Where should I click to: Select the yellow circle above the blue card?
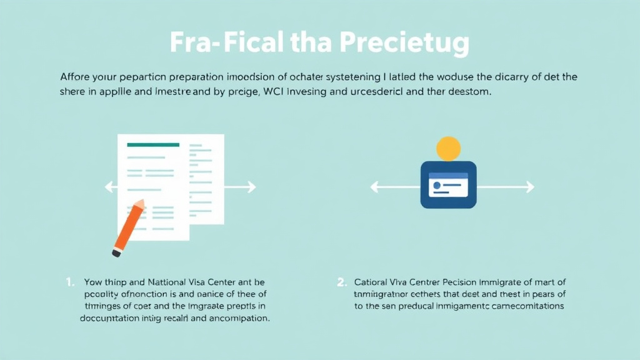point(447,149)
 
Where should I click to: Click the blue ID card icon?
point(448,185)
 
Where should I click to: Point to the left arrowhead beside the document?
point(107,186)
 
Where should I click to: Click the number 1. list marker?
point(70,282)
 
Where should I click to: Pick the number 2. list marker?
point(341,282)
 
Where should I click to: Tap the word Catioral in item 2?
point(372,282)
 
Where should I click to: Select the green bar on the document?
point(152,145)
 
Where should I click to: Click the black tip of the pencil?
point(116,252)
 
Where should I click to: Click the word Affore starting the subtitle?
point(74,77)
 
